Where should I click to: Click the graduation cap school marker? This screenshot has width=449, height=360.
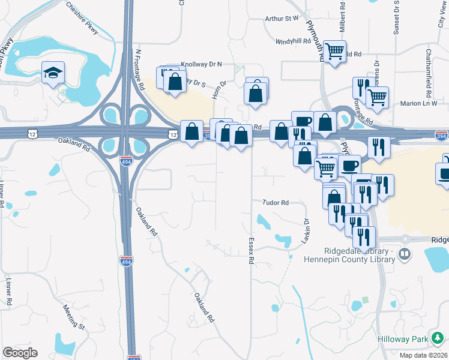tap(53, 72)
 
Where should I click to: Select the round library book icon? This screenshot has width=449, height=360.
tap(405, 254)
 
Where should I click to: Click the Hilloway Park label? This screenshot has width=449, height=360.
tap(403, 339)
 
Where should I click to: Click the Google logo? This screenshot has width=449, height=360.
tap(20, 353)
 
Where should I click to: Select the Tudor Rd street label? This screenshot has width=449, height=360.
tap(276, 203)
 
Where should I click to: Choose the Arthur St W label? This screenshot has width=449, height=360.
tap(282, 19)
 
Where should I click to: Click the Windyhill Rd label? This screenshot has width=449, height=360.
tap(293, 41)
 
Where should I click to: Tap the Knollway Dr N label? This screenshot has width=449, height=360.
tap(202, 64)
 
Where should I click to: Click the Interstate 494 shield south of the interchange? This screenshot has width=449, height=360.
tap(132, 260)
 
